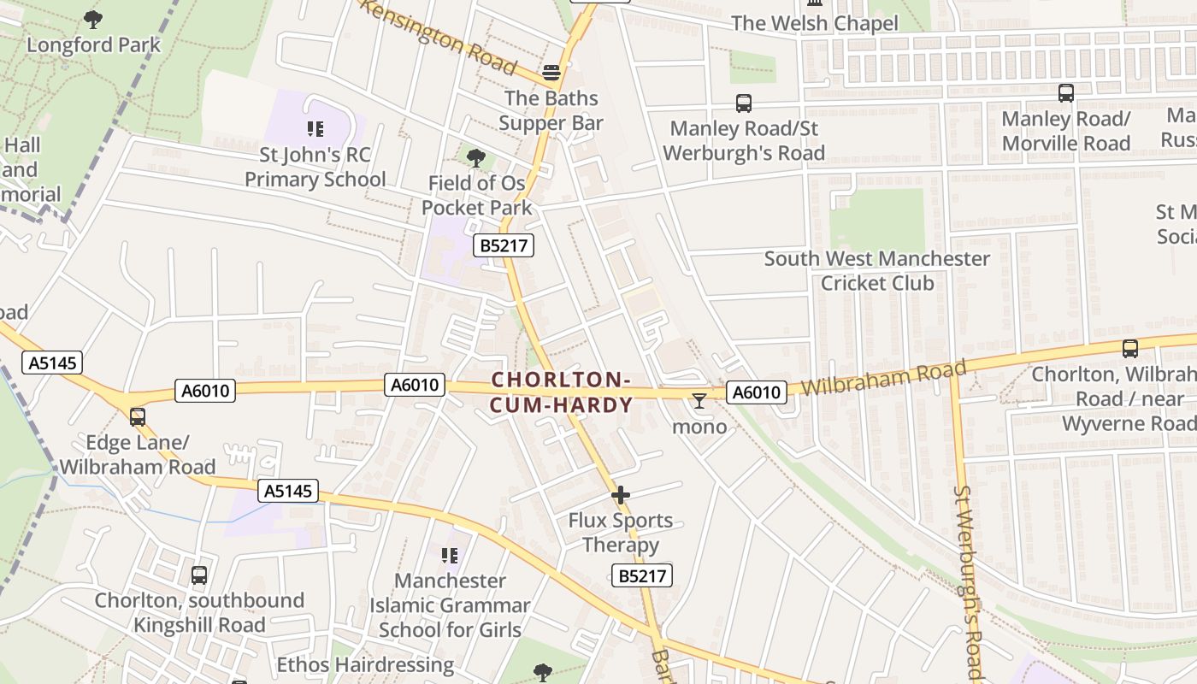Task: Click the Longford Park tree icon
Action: click(93, 19)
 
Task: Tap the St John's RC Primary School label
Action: click(315, 168)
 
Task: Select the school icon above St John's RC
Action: click(315, 129)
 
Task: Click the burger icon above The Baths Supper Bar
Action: click(551, 72)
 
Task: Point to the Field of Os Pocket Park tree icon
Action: click(476, 157)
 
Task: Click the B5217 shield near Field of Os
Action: click(504, 246)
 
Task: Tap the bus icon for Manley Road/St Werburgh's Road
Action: click(744, 103)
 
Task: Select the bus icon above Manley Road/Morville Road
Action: click(1066, 92)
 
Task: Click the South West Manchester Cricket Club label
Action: click(877, 270)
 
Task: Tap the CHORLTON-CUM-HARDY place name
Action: click(562, 392)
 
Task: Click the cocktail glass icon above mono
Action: click(699, 400)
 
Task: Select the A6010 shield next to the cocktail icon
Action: click(756, 392)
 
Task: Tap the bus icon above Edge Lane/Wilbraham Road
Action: click(138, 417)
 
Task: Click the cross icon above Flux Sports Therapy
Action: click(621, 494)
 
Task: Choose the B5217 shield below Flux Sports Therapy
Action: click(642, 575)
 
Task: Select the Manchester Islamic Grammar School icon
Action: click(450, 556)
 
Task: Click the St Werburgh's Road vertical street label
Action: click(970, 581)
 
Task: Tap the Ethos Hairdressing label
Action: click(365, 664)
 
